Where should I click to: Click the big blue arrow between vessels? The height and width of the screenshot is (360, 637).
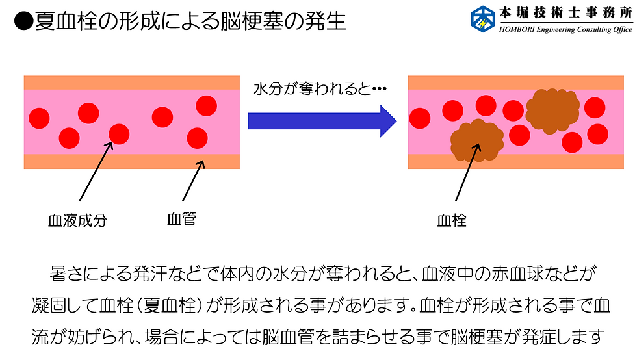(x=322, y=120)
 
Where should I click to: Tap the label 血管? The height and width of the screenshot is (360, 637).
(x=181, y=220)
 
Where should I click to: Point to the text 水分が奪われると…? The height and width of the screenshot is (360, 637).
(x=320, y=88)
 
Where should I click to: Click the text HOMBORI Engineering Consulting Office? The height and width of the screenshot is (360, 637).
(x=565, y=30)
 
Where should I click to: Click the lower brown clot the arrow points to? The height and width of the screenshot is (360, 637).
(x=476, y=140)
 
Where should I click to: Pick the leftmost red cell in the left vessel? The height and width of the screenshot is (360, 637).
(x=40, y=118)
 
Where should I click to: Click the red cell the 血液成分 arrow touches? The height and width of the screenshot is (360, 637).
(x=119, y=135)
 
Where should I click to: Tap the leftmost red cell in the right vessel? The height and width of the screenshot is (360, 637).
(x=420, y=119)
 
